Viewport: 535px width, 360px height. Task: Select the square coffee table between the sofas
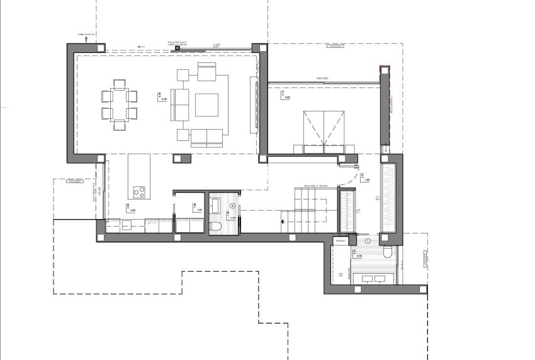point(206,104)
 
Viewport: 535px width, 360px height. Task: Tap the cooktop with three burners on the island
point(139,191)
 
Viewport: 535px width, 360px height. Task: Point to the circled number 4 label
point(233,206)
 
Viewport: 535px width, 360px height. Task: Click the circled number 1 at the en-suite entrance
point(368,240)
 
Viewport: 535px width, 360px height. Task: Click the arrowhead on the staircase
point(282,221)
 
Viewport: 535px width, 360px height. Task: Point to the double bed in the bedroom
point(324,131)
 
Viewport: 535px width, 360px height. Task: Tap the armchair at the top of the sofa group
point(206,71)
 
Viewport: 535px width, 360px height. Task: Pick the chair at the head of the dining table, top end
point(119,84)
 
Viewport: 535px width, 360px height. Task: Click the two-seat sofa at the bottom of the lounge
point(207,135)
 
